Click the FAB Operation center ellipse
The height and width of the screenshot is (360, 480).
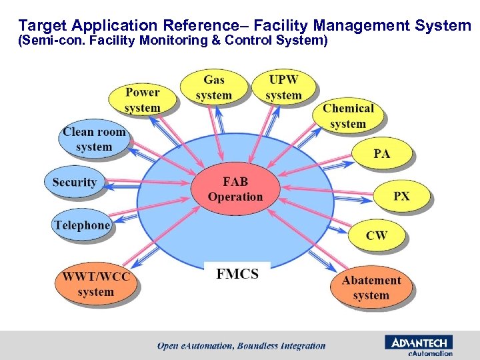[235, 189]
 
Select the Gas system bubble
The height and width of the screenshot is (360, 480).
[213, 87]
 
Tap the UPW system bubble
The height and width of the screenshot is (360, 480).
[283, 87]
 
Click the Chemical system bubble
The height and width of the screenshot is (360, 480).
[347, 116]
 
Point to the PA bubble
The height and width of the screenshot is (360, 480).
[381, 154]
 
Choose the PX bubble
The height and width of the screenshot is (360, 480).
[401, 197]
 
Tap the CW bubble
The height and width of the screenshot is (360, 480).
[377, 235]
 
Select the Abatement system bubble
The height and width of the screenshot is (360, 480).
[371, 287]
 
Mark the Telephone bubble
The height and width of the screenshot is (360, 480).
[81, 225]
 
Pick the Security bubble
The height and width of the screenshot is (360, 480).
[74, 182]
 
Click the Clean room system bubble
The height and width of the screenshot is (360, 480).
[94, 139]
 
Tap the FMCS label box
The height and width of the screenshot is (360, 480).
[237, 274]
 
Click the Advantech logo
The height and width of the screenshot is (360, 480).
[418, 342]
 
